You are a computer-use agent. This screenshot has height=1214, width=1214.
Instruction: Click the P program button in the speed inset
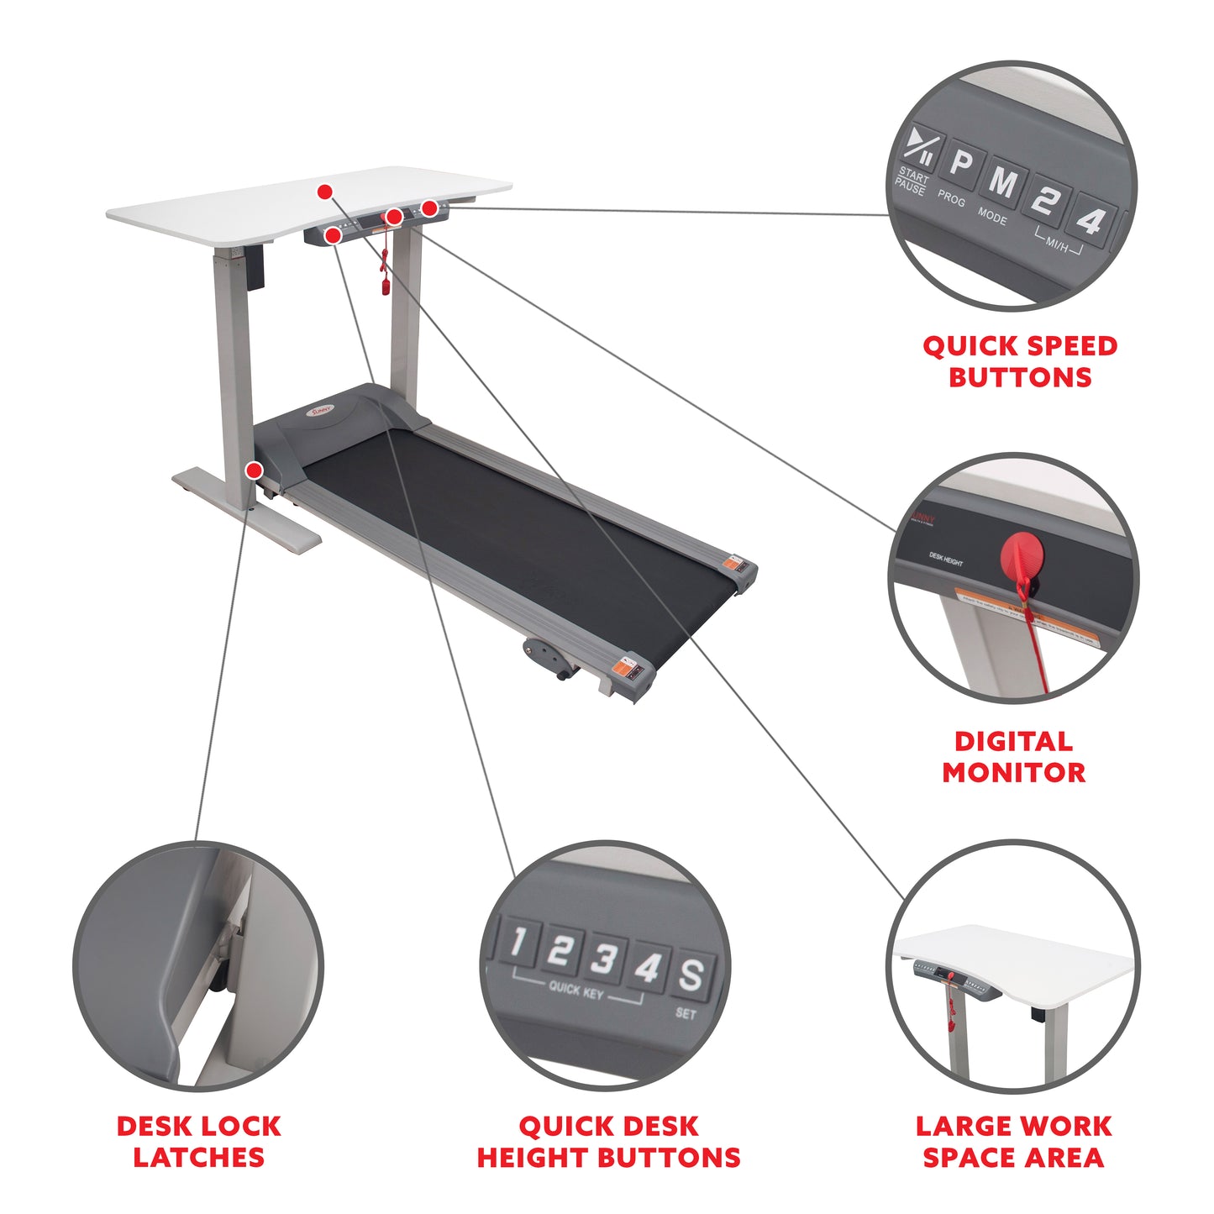point(960,165)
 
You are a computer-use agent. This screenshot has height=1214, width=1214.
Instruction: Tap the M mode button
point(1003,181)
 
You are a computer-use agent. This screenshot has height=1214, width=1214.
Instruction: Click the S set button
point(691,975)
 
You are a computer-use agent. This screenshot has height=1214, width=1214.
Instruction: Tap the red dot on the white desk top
point(324,192)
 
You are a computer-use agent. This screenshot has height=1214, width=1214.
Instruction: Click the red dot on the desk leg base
point(253,470)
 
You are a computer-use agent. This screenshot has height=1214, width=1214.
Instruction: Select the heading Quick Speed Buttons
point(1020,361)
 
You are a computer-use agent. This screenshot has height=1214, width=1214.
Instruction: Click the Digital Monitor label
point(1013,756)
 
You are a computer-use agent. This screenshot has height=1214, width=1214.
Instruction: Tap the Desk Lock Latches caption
point(198,1141)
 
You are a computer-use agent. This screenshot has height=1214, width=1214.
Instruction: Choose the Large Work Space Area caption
point(1013,1141)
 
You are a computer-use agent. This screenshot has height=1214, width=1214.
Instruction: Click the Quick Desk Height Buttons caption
point(608,1141)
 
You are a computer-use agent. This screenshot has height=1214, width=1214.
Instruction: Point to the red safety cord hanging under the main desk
point(386,269)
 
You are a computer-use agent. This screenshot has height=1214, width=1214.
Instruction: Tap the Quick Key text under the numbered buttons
point(575,989)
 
